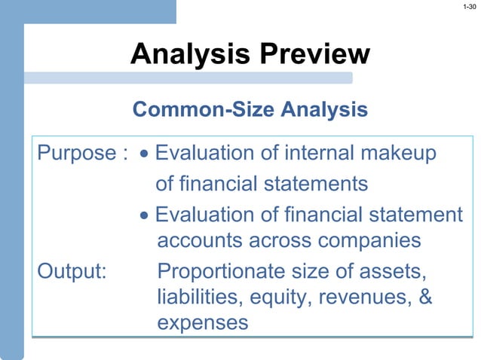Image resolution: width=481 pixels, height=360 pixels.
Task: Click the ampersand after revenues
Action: (424, 296)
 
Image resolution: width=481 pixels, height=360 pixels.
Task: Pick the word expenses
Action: (202, 323)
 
